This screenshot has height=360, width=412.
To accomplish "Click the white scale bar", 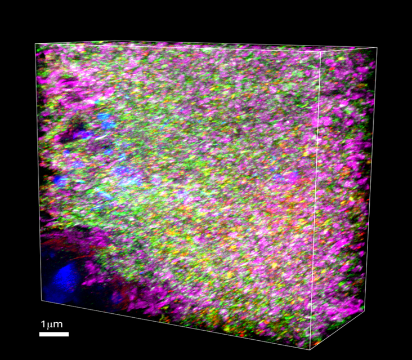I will (54, 334).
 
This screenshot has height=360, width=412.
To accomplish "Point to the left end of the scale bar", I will (40, 334).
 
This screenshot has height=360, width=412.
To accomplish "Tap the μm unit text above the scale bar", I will (54, 325).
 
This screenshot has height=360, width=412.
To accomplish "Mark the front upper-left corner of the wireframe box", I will (35, 44).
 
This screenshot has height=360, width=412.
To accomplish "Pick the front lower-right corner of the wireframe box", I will (311, 349).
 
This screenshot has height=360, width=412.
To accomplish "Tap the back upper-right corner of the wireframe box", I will (377, 48).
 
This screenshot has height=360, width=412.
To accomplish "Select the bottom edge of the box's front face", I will (174, 325).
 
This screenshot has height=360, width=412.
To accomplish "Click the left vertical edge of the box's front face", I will (39, 169).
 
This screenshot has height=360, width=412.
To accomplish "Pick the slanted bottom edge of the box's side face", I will (338, 330).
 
